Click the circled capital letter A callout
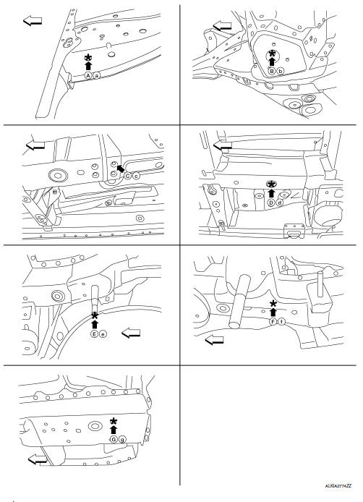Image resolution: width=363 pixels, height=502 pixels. (87, 75)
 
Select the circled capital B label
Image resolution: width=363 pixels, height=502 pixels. (272, 71)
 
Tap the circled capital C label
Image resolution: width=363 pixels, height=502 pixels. (127, 176)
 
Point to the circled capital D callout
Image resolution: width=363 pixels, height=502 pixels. (270, 203)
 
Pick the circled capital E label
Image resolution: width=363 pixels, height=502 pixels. (94, 334)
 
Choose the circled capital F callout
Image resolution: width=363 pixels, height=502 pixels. (273, 320)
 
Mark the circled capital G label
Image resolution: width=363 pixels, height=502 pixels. (113, 439)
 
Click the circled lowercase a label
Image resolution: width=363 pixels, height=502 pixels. (97, 75)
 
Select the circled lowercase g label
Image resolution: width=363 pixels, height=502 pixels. (122, 439)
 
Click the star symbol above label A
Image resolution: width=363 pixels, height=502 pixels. (88, 57)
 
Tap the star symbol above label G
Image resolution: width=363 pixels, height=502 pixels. (113, 421)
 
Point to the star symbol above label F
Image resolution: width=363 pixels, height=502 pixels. (273, 303)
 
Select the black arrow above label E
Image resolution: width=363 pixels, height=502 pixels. (94, 323)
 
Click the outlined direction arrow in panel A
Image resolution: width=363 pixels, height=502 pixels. (32, 20)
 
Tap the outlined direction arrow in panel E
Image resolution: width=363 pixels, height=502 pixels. (132, 333)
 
